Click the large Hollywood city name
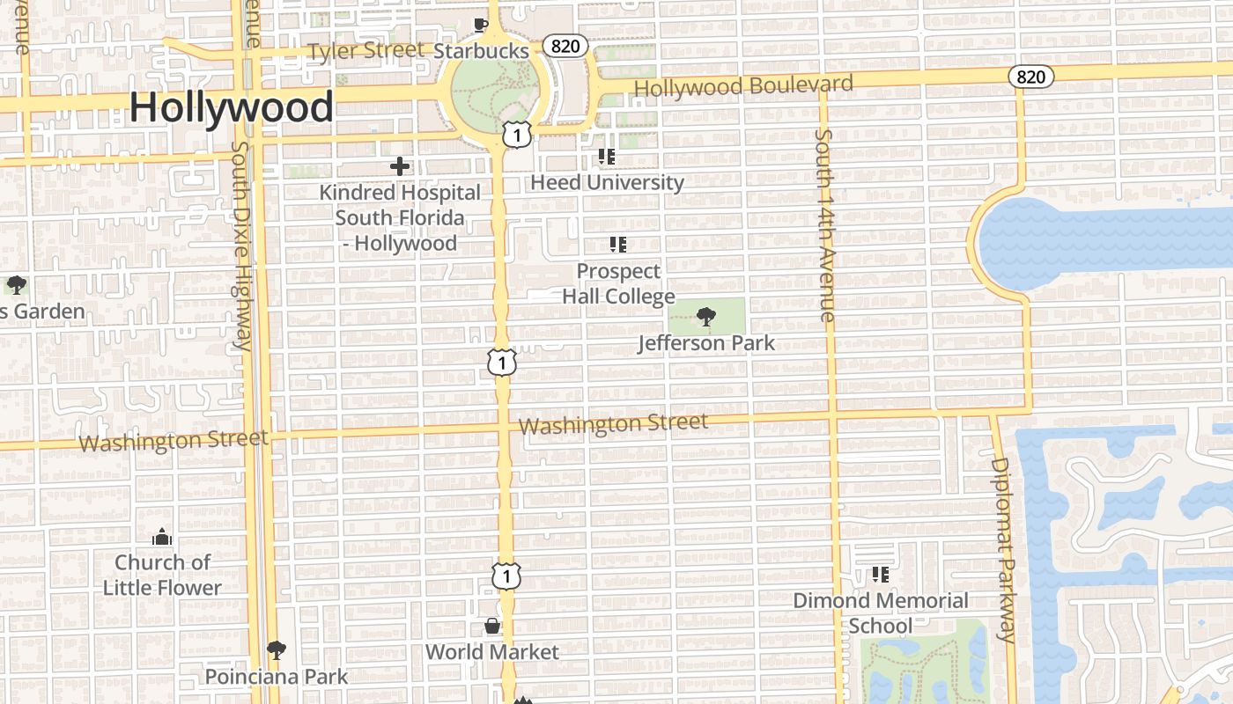point(232,107)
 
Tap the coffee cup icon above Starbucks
point(480,25)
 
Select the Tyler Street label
point(365,51)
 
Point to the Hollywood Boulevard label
point(743,86)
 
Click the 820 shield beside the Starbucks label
point(565,46)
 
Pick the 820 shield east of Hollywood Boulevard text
point(1030,77)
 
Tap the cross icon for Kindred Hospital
point(400,165)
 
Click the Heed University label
point(607,182)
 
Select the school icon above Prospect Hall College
point(618,245)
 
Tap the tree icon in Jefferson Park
point(705,317)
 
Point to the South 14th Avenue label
point(824,225)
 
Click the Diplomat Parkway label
point(1003,549)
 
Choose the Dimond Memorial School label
point(881,612)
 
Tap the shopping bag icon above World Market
point(492,627)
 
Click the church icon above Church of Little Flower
point(162,536)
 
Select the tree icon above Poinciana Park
point(277,650)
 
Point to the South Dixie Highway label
point(241,246)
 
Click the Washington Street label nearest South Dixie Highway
point(174,440)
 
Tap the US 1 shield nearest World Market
point(506,576)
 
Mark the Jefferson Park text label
point(706,343)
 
